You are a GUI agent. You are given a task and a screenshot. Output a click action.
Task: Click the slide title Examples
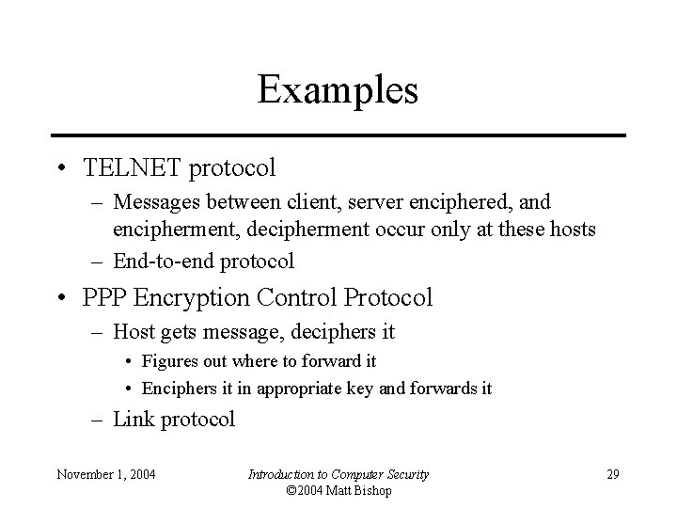coord(338,90)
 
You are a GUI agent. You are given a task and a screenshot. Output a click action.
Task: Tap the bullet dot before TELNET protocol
coord(61,169)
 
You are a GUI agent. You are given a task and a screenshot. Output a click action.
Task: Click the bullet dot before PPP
coord(61,299)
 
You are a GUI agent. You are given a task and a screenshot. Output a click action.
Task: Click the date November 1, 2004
coord(105,474)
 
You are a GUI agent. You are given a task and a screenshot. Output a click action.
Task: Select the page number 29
coord(613,474)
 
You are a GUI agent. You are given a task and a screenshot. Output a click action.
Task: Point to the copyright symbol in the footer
coord(291,490)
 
